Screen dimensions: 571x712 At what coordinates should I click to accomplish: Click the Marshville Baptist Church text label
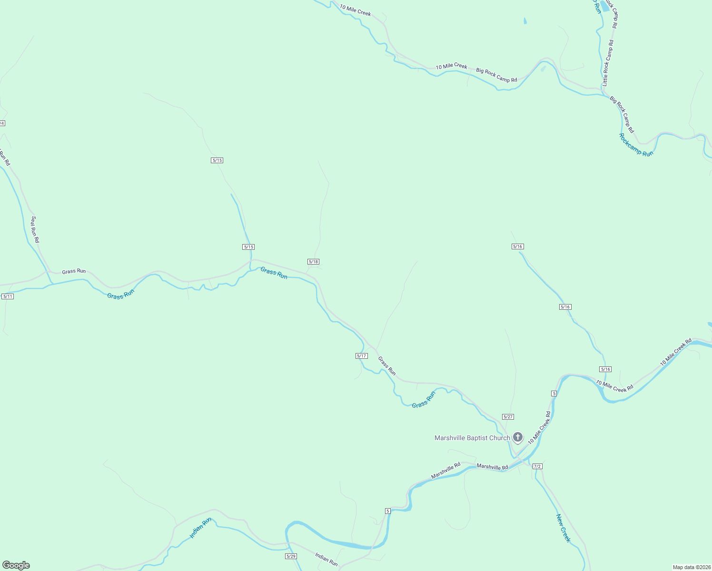[472, 438]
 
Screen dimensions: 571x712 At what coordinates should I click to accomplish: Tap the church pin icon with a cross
[518, 437]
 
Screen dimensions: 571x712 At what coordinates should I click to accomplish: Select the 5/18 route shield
[313, 262]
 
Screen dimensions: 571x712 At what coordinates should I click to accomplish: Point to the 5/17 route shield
[362, 356]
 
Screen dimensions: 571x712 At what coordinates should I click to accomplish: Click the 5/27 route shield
[508, 417]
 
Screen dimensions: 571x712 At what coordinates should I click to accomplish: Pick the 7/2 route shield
[537, 466]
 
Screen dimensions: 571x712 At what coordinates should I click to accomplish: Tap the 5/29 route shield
[291, 556]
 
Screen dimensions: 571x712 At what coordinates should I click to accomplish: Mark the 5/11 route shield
[8, 296]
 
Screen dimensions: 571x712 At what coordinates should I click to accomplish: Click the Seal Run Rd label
[35, 230]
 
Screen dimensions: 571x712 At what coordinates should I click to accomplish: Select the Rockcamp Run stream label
[636, 145]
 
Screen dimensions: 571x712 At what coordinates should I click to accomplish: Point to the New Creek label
[563, 528]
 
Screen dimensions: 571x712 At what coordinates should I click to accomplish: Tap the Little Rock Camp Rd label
[608, 63]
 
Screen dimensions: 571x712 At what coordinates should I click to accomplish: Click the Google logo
[16, 565]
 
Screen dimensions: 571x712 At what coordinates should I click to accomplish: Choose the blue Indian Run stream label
[200, 528]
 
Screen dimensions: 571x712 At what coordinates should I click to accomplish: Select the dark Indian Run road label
[326, 560]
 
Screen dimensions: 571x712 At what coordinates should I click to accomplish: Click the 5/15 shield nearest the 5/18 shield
[248, 247]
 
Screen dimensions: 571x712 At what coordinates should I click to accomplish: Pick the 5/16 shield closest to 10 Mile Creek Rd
[605, 369]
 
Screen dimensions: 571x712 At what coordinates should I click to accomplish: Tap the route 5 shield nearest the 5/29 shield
[388, 511]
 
